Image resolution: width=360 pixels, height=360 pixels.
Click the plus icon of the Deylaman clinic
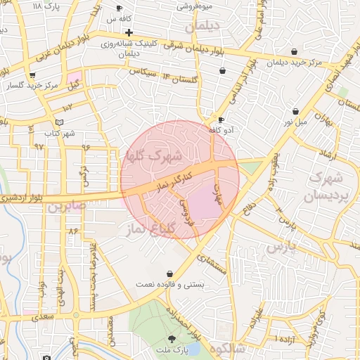(129, 32)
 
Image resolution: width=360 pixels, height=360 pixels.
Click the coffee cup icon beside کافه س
(120, 8)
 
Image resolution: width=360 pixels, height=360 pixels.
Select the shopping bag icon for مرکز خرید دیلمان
(294, 51)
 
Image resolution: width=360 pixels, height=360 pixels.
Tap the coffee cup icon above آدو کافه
(221, 120)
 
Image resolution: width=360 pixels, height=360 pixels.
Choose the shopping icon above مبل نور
(295, 111)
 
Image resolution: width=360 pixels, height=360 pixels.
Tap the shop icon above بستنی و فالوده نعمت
(169, 274)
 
